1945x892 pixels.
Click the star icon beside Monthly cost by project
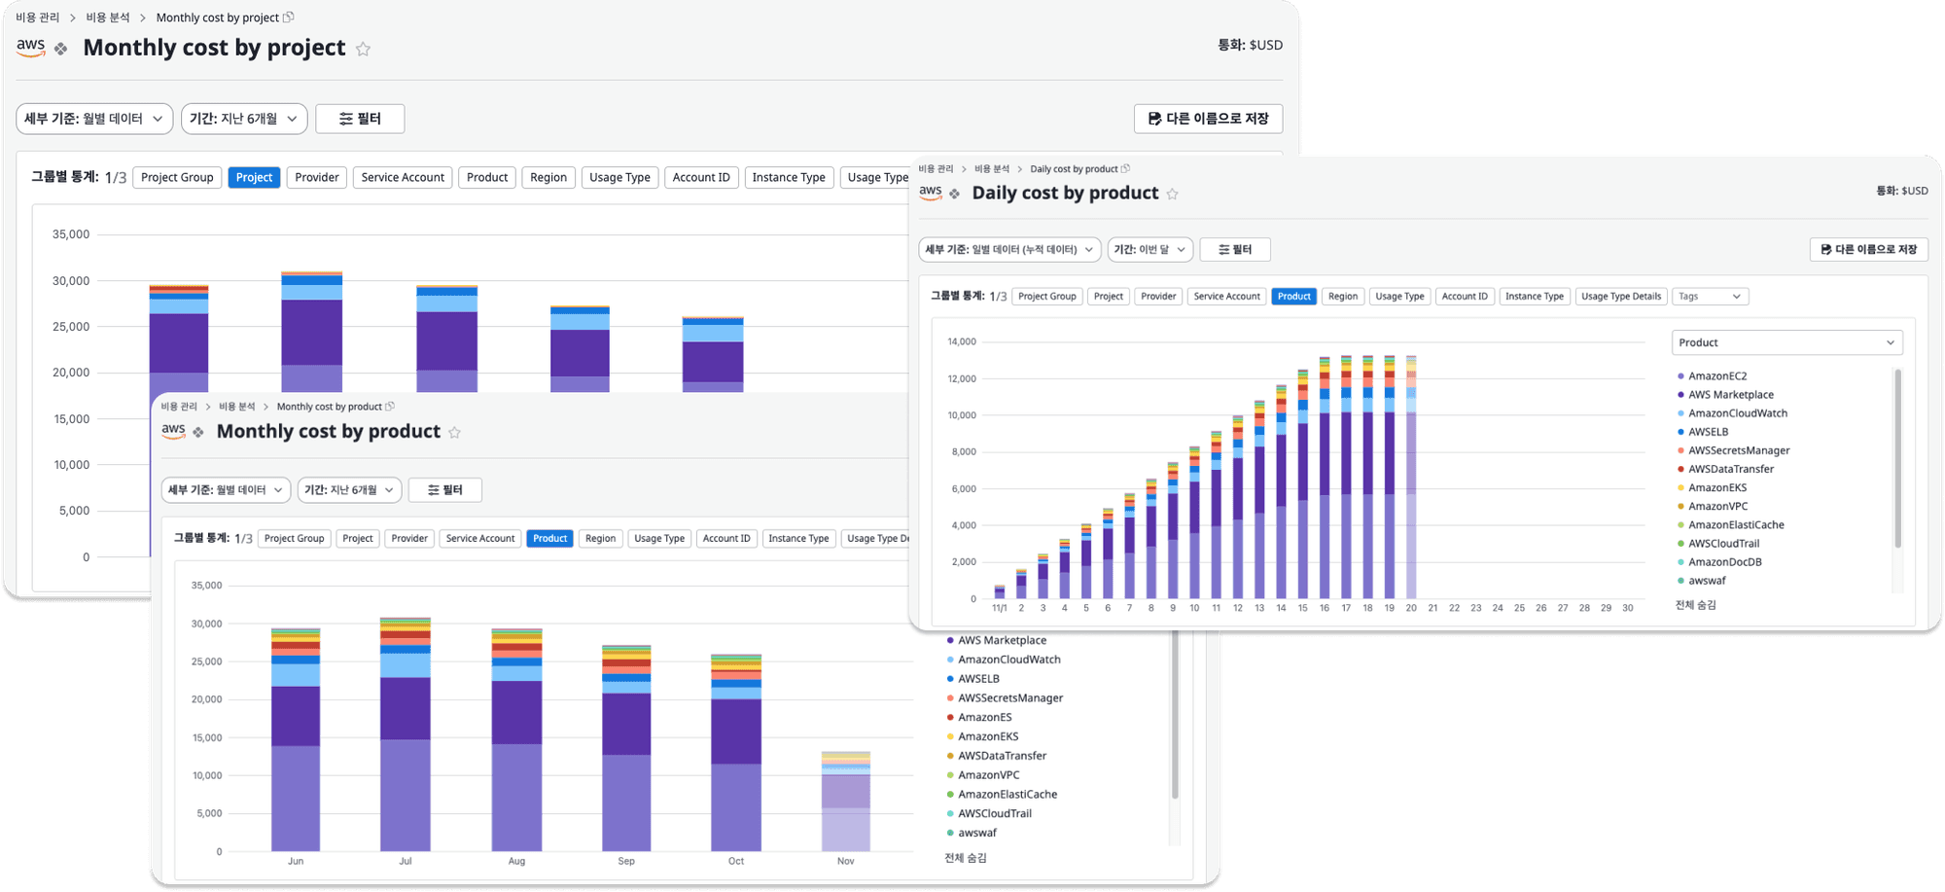click(x=363, y=49)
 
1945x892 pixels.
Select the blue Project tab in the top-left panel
click(x=254, y=177)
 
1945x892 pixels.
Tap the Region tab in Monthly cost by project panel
click(x=548, y=177)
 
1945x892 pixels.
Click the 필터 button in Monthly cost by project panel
click(x=360, y=119)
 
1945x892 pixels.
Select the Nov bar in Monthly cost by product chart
click(x=846, y=802)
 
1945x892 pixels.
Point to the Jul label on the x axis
click(x=406, y=861)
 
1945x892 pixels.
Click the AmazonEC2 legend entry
click(x=1717, y=375)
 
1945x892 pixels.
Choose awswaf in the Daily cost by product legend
click(x=1707, y=581)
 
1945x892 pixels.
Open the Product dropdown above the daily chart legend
click(x=1786, y=342)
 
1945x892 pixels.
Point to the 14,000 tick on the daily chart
click(x=962, y=341)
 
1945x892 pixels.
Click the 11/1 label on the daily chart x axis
click(x=1000, y=608)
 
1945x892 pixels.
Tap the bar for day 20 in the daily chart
click(x=1411, y=477)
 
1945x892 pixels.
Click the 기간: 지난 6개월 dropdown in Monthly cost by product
click(x=349, y=490)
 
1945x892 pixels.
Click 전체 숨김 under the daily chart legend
click(x=1696, y=605)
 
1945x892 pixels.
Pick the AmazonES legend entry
click(x=984, y=717)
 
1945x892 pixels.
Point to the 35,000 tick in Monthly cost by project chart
click(x=71, y=234)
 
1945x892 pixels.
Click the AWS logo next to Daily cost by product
click(x=931, y=193)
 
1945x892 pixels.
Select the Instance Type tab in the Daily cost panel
click(x=1535, y=297)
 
